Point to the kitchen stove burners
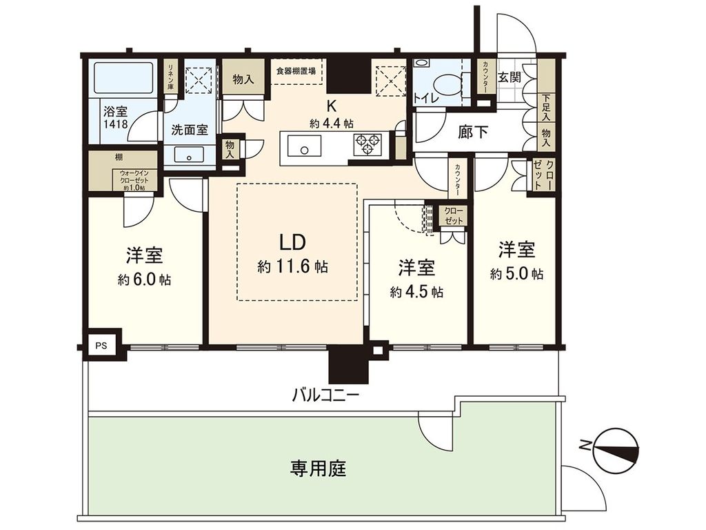(x=367, y=145)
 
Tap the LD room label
(x=292, y=242)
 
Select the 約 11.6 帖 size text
(x=292, y=267)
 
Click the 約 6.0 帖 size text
(x=144, y=280)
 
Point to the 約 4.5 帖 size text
(x=416, y=292)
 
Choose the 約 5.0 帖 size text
(x=516, y=274)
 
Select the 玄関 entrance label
(x=511, y=76)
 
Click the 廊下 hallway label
(x=474, y=132)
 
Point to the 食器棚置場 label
(x=296, y=70)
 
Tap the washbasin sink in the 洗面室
(x=188, y=155)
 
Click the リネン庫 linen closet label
(x=170, y=77)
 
